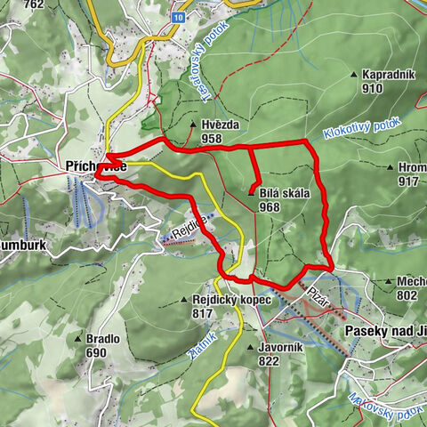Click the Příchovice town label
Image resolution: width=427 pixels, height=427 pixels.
click(x=94, y=165)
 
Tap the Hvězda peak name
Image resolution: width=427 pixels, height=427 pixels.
click(x=221, y=125)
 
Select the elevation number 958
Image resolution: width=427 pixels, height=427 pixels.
click(x=212, y=139)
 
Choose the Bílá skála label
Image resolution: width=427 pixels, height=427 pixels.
click(x=282, y=194)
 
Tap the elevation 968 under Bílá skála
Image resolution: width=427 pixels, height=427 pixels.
click(x=270, y=207)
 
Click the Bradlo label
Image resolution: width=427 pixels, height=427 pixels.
click(x=103, y=339)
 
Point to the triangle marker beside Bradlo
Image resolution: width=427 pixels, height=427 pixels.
click(x=79, y=339)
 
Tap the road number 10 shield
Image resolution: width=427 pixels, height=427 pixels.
click(x=179, y=17)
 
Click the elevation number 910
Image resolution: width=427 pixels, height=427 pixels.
click(x=372, y=89)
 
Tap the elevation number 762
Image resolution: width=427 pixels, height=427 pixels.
click(x=35, y=4)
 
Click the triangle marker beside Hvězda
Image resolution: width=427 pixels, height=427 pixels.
click(x=193, y=125)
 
